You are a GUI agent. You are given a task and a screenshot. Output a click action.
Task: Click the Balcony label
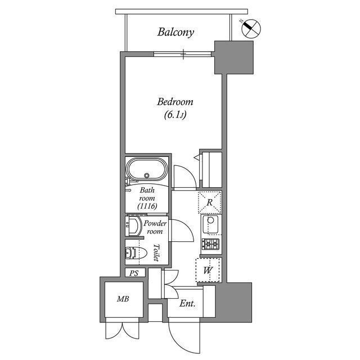175,32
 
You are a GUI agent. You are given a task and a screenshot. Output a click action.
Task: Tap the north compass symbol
250,28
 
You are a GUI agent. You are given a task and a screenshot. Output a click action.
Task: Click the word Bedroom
175,102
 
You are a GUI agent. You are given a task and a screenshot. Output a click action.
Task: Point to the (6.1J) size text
175,115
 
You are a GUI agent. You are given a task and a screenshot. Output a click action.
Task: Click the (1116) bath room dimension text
147,206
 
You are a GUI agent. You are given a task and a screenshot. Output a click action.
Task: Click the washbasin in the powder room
133,227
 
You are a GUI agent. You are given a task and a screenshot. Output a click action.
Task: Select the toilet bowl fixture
133,253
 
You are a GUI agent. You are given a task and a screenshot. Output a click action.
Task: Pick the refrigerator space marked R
209,202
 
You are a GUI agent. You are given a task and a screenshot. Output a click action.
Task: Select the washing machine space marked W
208,269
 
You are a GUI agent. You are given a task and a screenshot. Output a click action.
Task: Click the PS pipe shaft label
134,273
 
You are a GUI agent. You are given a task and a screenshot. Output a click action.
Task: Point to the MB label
123,299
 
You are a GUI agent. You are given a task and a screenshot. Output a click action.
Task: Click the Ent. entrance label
188,304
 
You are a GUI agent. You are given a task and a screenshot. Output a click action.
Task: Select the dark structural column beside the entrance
233,301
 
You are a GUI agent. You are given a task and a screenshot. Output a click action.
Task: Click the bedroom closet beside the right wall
211,168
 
